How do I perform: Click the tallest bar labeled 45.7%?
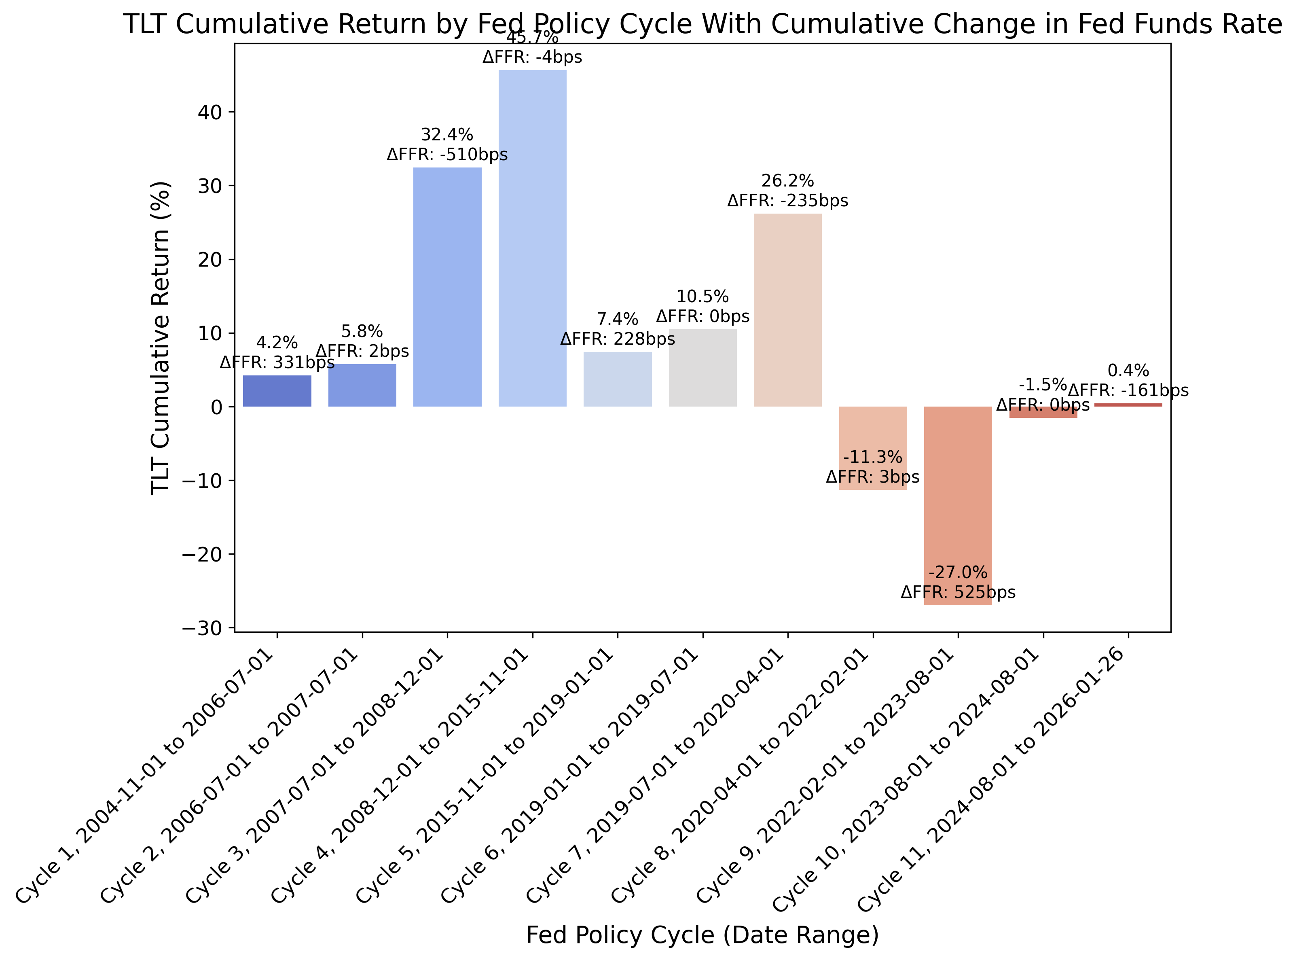tap(532, 238)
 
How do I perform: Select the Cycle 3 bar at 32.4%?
tap(447, 287)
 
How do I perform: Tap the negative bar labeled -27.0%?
tap(957, 506)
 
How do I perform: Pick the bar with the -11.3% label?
tap(873, 442)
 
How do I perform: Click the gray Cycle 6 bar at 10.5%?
tap(703, 368)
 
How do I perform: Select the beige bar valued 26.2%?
tap(787, 310)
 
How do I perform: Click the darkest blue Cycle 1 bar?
tap(277, 391)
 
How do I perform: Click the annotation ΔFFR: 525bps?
tap(957, 593)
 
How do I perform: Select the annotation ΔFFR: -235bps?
tap(787, 201)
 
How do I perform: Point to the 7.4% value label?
tap(617, 319)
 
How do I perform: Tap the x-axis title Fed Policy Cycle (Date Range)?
tap(702, 935)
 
